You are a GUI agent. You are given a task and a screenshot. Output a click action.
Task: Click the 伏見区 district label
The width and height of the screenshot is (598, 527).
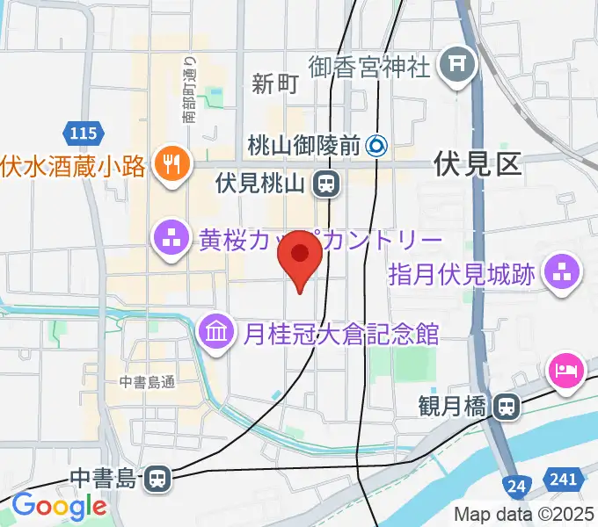(478, 163)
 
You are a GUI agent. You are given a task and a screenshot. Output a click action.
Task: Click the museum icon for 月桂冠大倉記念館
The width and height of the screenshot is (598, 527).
(215, 332)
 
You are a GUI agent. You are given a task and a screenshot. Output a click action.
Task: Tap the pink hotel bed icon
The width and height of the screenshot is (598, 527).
(566, 369)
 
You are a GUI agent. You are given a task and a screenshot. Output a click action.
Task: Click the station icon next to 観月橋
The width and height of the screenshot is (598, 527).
(506, 406)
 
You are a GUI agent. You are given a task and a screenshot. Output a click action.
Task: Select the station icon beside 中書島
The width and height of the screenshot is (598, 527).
(157, 479)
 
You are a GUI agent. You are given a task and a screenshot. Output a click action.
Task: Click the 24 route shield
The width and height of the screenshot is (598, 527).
(518, 482)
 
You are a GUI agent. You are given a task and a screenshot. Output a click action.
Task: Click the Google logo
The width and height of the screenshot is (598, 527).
(58, 507)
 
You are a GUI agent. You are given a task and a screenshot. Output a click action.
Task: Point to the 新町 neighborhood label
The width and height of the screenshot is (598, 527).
(275, 84)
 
